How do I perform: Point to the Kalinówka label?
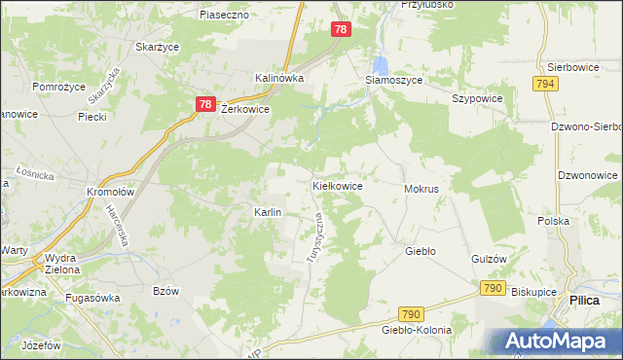tap(279, 78)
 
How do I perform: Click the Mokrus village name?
tap(421, 188)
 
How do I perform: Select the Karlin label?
tap(268, 212)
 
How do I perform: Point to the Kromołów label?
tap(109, 192)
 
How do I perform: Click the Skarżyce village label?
tap(156, 48)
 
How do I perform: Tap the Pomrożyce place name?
tap(60, 88)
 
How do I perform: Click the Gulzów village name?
tap(489, 259)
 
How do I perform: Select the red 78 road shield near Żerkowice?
tap(204, 104)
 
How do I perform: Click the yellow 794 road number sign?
tap(545, 86)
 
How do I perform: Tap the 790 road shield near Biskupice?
tap(492, 289)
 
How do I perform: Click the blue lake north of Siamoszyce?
tap(381, 64)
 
